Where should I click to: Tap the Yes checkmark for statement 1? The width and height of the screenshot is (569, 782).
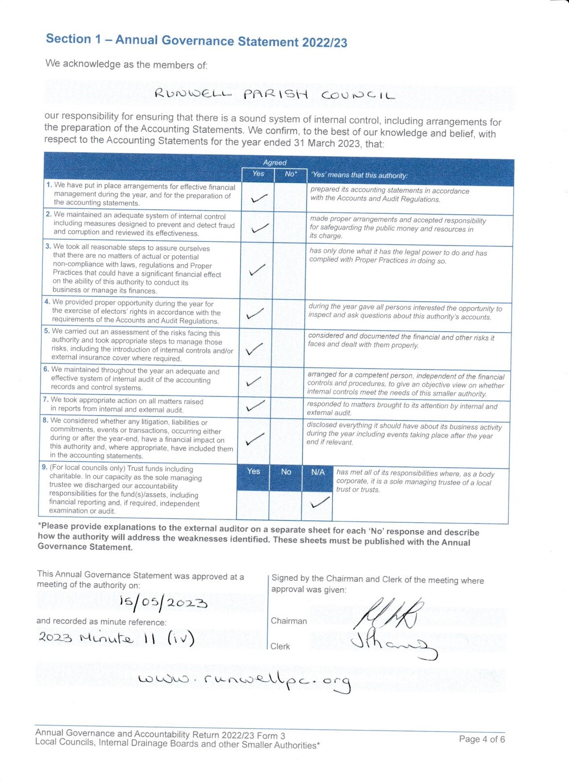[259, 198]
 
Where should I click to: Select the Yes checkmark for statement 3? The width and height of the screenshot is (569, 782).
[257, 270]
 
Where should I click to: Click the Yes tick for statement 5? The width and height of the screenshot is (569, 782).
[255, 349]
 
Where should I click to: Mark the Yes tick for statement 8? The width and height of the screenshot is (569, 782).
[255, 439]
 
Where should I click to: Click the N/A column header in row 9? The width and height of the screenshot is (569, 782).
[318, 472]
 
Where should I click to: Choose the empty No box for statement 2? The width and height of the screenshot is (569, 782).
[289, 228]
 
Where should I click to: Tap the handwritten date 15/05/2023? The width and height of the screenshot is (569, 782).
[163, 603]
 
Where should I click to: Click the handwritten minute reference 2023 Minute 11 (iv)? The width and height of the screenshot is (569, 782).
[116, 639]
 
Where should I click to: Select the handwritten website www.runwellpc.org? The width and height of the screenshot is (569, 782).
[245, 681]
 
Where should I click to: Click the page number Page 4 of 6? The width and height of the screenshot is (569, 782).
[482, 739]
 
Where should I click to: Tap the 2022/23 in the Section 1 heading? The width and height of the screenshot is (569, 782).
[324, 42]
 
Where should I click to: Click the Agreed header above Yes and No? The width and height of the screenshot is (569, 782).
[275, 162]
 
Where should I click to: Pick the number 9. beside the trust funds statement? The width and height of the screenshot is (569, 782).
[44, 467]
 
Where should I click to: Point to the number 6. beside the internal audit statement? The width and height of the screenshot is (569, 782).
[46, 370]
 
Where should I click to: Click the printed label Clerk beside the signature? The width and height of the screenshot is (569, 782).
[280, 646]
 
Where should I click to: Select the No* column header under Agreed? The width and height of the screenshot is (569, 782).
[290, 174]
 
